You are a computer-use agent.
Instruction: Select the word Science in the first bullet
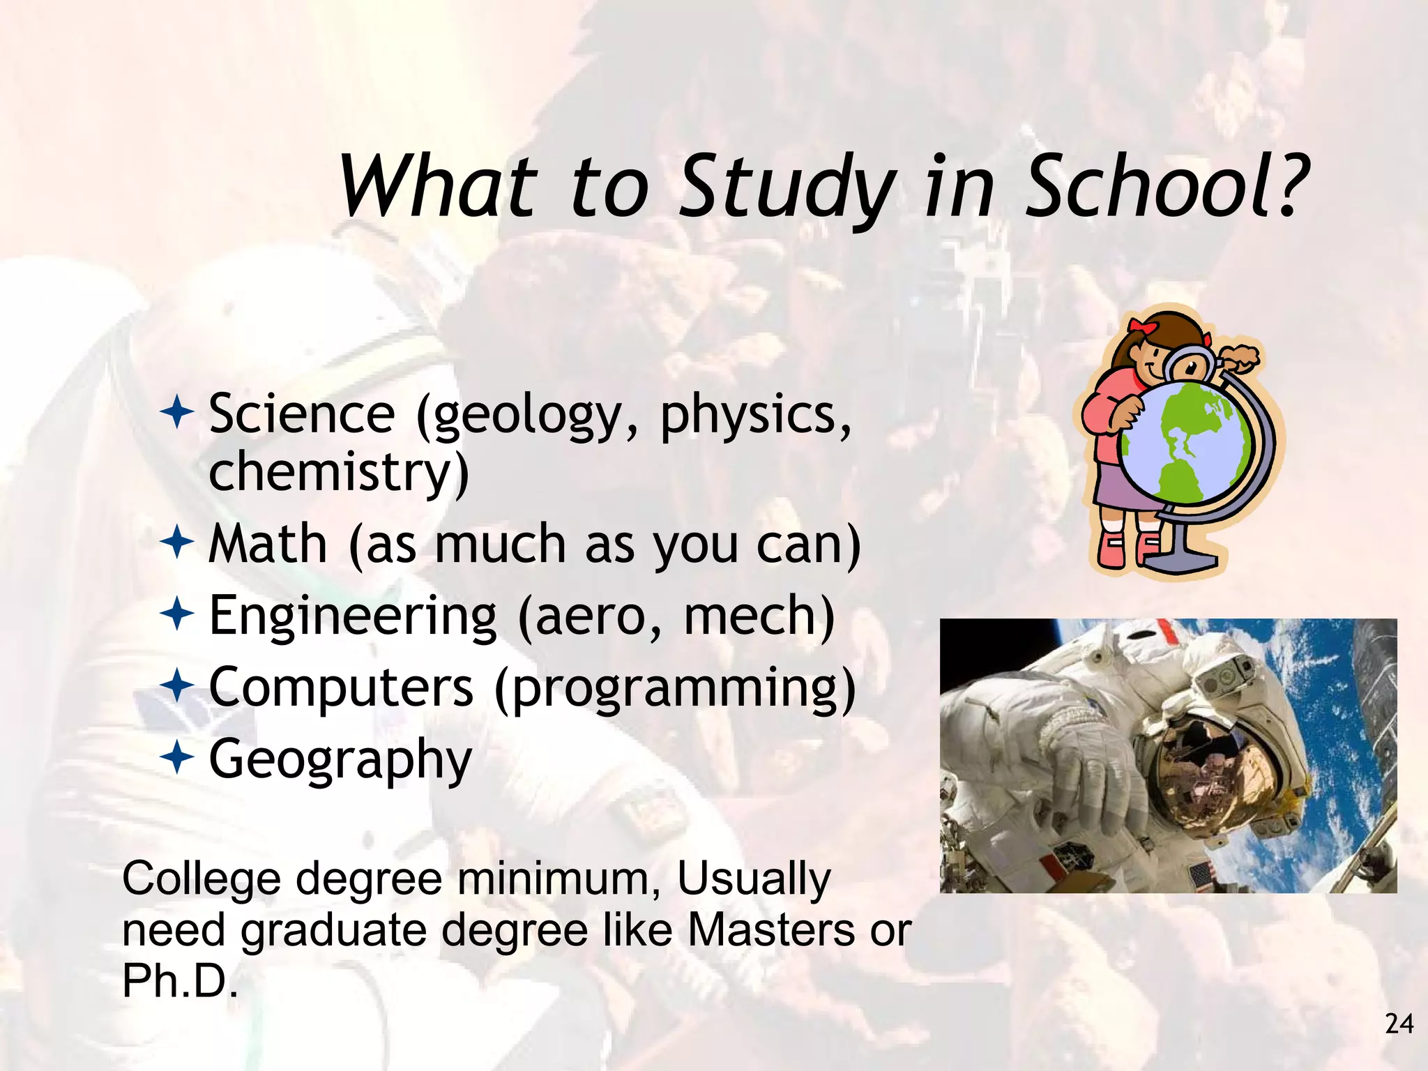pyautogui.click(x=302, y=414)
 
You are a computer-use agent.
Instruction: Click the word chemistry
pyautogui.click(x=339, y=473)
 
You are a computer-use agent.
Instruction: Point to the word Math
pyautogui.click(x=268, y=544)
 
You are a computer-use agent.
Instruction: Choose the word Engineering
pyautogui.click(x=353, y=616)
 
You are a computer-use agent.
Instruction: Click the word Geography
pyautogui.click(x=340, y=760)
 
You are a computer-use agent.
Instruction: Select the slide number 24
pyautogui.click(x=1399, y=1024)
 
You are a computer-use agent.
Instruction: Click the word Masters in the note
pyautogui.click(x=771, y=930)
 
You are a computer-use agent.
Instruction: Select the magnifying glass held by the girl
pyautogui.click(x=1190, y=364)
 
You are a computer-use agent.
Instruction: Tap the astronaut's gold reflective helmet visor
pyautogui.click(x=1213, y=767)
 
